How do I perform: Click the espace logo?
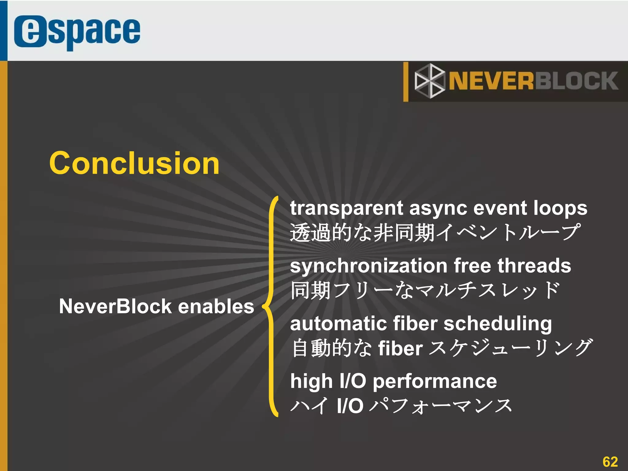pos(77,32)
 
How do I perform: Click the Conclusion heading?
pos(134,163)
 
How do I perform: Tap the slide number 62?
pos(610,462)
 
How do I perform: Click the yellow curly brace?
pos(271,306)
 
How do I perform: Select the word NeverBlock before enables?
pos(115,306)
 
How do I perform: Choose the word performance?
pos(435,382)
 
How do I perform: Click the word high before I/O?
pos(311,382)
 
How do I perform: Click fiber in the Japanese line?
pos(400,349)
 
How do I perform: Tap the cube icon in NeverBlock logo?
pos(429,81)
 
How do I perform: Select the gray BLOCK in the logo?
pos(576,81)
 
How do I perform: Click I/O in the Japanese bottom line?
pos(350,406)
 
